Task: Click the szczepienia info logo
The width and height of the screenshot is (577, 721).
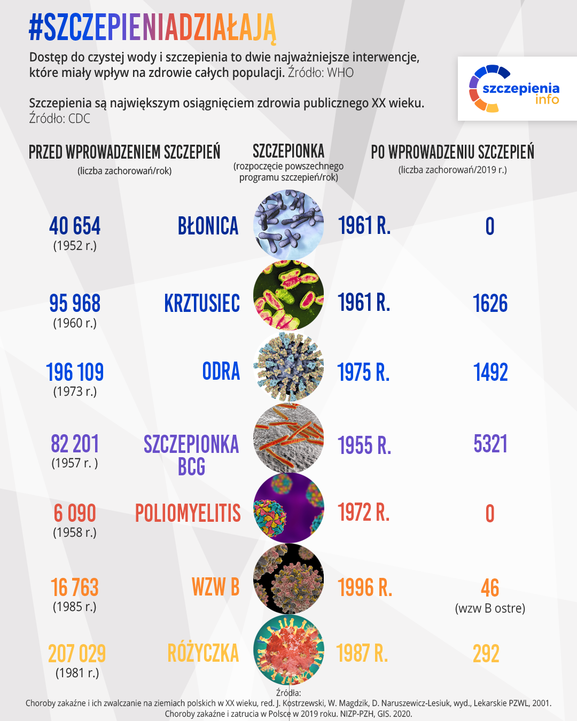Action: click(517, 89)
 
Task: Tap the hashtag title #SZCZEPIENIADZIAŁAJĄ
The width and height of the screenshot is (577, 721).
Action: click(152, 28)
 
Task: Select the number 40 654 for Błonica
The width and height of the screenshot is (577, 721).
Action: click(75, 226)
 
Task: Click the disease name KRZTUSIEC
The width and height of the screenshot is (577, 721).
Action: click(202, 304)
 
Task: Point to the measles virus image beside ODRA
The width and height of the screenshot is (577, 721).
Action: click(288, 367)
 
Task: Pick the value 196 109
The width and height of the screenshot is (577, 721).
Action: click(75, 373)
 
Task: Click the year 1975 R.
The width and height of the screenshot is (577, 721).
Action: click(363, 373)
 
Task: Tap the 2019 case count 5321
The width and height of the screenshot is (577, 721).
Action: click(490, 444)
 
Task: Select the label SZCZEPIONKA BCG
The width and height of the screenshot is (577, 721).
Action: click(191, 455)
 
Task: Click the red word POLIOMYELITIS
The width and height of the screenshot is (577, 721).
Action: click(188, 514)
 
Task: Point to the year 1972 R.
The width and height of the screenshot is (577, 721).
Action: click(364, 513)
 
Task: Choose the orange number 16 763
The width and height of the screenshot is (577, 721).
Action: click(75, 588)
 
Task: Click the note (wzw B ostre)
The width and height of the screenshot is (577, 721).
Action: click(490, 608)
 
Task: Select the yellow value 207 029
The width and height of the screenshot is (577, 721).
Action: click(77, 654)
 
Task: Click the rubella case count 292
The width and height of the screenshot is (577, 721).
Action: click(486, 654)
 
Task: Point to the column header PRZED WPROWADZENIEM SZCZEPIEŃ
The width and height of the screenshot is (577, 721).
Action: click(124, 152)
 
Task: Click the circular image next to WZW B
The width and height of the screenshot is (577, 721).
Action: click(288, 579)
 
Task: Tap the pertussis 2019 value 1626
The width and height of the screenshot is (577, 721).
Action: click(490, 304)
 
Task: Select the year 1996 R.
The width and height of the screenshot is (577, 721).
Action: click(365, 588)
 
